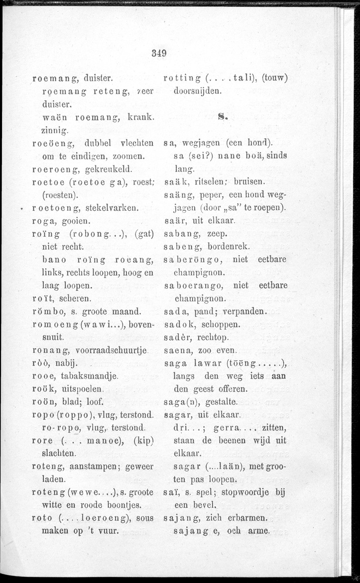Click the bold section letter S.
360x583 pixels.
point(223,118)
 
